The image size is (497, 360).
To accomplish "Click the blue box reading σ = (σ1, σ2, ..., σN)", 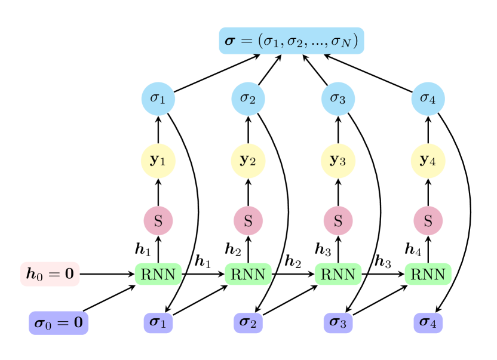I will point(292,41).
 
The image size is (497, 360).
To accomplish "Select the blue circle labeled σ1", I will point(158,98).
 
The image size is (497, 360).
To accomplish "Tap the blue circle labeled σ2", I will point(248,98).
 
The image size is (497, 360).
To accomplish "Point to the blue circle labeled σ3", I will point(338,98).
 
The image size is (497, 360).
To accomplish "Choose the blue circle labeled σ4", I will point(428,98).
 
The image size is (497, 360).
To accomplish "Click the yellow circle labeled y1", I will point(158,161).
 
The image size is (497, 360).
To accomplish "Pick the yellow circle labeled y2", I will point(248,161).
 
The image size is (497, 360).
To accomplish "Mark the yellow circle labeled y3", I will point(338,161).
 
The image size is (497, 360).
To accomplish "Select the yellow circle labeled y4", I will point(428,161).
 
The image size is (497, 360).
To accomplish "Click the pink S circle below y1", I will point(158,221).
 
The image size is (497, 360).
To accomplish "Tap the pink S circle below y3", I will point(338,221).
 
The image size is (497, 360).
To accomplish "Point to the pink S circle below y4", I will point(428,221).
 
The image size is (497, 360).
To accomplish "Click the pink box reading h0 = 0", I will point(50,274).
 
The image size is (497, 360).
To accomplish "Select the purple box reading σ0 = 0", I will point(59,323).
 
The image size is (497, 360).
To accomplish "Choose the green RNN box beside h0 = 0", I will point(158,274).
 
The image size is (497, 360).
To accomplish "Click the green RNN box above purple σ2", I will point(248,274).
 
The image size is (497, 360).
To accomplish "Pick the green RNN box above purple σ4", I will point(428,274).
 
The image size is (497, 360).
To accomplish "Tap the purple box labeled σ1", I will point(158,323).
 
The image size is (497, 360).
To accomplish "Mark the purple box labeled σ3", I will point(338,323).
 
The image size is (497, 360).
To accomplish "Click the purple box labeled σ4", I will point(428,323).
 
